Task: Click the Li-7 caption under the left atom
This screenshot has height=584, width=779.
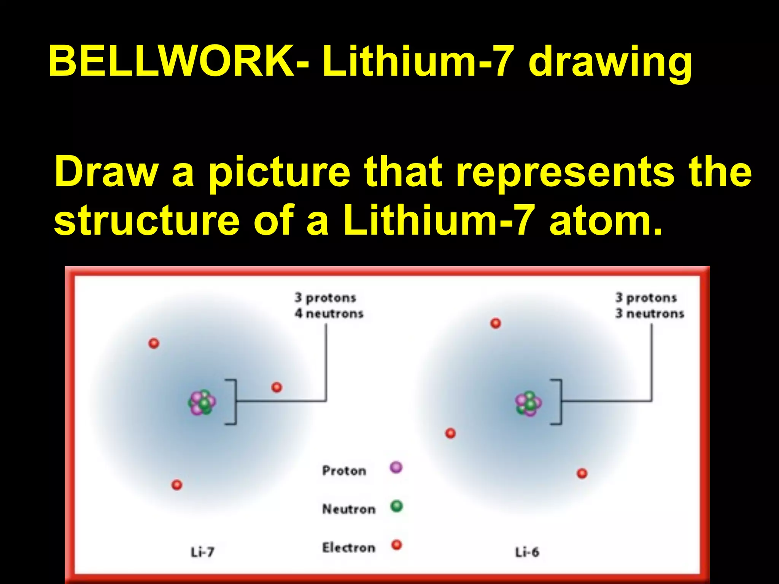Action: (202, 552)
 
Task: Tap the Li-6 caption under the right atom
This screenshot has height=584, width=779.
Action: (527, 552)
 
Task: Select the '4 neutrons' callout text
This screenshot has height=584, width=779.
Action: (329, 314)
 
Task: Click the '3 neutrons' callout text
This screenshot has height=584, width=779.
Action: (650, 314)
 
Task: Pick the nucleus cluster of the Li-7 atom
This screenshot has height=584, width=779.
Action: (202, 402)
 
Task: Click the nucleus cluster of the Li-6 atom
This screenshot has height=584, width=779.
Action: (528, 403)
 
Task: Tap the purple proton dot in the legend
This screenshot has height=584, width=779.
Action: (396, 467)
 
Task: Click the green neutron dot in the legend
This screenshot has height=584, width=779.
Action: (396, 506)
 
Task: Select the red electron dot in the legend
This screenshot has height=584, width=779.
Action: (397, 545)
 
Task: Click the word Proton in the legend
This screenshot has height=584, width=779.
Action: (344, 471)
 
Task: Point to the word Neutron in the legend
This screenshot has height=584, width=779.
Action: (349, 509)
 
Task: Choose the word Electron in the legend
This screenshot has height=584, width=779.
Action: (349, 548)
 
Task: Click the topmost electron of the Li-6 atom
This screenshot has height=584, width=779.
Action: (496, 324)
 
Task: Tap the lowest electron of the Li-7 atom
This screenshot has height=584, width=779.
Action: (177, 485)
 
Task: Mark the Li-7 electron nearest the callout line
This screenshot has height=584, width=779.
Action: (277, 387)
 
